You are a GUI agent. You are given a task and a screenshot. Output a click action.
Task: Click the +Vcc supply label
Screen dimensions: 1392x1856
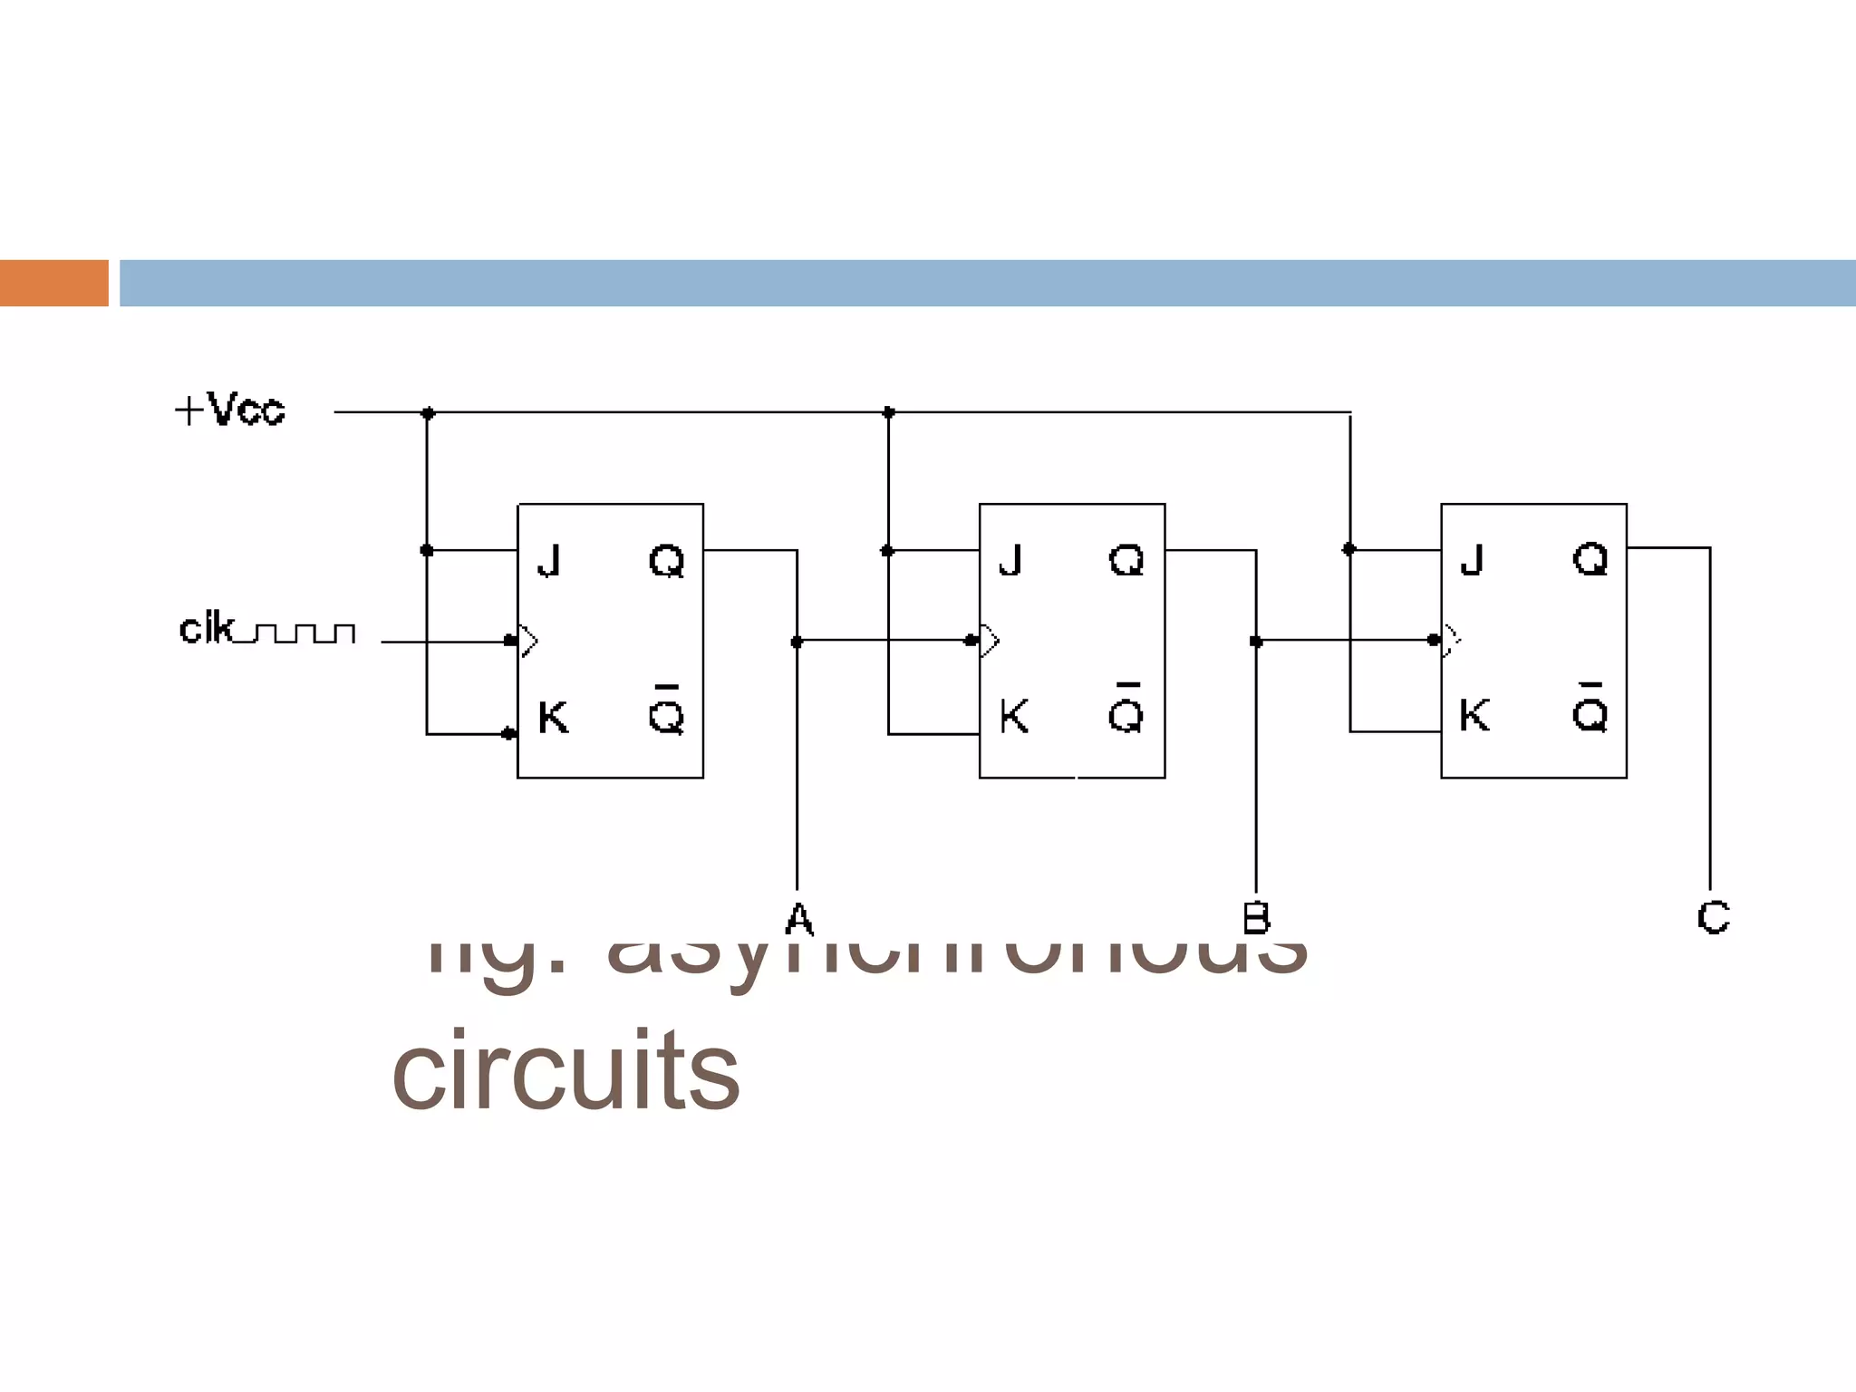point(230,410)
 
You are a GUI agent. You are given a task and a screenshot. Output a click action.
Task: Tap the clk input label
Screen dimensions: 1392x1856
point(207,629)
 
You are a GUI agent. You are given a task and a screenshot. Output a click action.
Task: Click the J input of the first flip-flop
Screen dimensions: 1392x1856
point(549,560)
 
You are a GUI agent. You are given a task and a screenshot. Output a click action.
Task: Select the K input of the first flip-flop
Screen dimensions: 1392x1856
point(553,717)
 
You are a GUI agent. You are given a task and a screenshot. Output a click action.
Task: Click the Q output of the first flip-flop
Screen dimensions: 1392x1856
point(667,561)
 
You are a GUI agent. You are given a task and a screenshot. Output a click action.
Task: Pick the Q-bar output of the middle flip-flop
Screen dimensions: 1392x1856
point(1126,712)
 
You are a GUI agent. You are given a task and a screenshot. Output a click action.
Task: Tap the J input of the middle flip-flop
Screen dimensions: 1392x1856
point(1010,560)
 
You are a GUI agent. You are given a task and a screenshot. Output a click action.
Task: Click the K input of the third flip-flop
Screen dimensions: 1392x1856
point(1474,715)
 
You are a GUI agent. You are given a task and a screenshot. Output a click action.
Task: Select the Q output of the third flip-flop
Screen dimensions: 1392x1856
point(1590,559)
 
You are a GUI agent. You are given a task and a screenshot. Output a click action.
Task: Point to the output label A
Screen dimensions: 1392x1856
point(798,919)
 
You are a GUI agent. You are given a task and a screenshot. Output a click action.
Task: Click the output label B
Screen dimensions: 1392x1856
point(1256,919)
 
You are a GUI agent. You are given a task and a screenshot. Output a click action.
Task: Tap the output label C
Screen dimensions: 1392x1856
point(1713,917)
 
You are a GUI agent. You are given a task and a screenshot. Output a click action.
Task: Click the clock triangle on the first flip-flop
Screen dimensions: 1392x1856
point(528,641)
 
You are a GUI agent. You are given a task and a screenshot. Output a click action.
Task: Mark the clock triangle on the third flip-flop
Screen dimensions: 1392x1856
point(1452,640)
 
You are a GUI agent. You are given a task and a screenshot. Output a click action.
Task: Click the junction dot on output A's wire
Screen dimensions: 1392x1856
point(797,642)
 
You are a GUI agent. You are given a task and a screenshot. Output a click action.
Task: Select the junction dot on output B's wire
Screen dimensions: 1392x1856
point(1256,642)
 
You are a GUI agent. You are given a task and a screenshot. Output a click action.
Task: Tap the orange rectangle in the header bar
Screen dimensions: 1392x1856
point(54,283)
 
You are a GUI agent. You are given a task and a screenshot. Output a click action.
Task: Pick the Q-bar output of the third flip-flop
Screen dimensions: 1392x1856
point(1590,711)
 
